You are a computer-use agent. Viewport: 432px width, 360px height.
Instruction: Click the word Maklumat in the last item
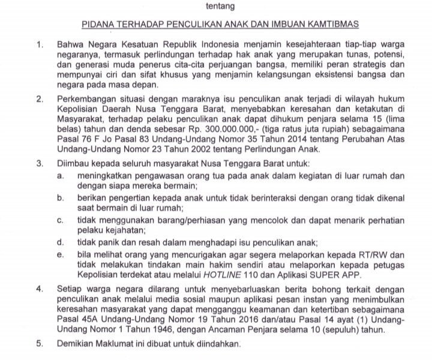[131, 345]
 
